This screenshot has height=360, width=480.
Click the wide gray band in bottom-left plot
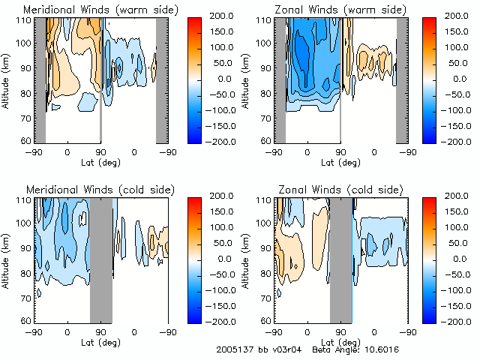pos(100,259)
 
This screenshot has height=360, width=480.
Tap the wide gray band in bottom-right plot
pos(341,259)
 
